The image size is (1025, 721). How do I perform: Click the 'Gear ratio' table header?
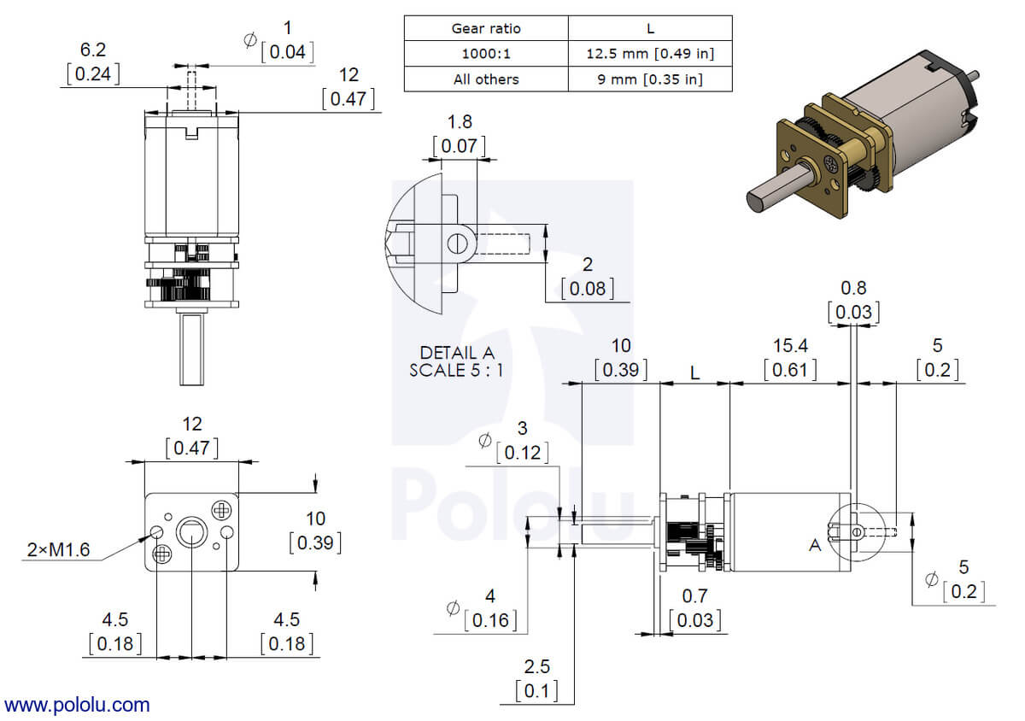(485, 28)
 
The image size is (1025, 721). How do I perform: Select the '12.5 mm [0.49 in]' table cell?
(650, 54)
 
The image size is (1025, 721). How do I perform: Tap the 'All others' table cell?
(485, 79)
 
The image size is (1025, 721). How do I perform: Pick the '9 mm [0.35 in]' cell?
(650, 79)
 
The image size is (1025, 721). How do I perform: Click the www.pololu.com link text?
(77, 705)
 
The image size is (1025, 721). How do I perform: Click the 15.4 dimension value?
(790, 345)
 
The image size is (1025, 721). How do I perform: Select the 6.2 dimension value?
(92, 50)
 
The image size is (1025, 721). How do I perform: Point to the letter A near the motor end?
(815, 545)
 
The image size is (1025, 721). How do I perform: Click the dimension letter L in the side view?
(695, 373)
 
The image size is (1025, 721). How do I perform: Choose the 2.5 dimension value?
(536, 665)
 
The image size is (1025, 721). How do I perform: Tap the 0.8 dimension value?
(853, 288)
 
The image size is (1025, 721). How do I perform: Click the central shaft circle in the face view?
(190, 534)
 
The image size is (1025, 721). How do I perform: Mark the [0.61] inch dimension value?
(790, 370)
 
